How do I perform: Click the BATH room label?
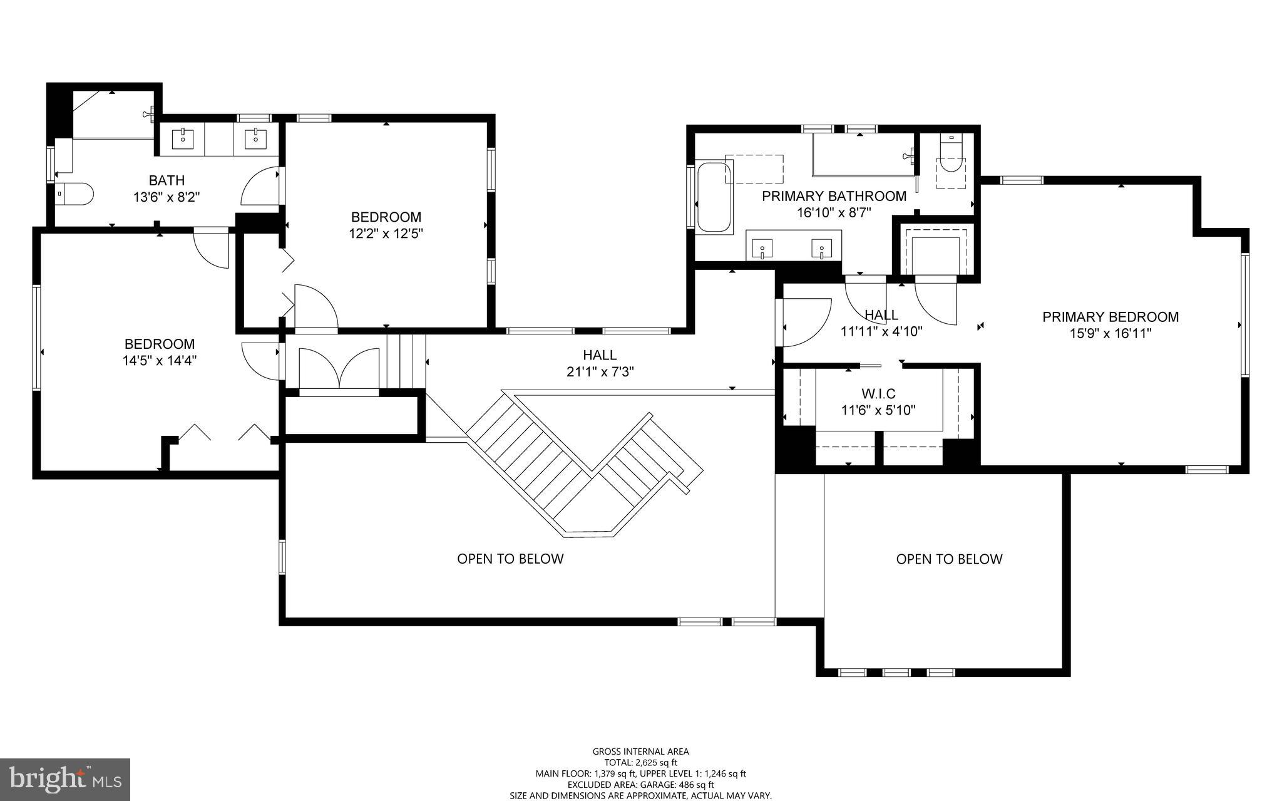[x=167, y=181]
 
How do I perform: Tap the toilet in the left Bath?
[x=76, y=194]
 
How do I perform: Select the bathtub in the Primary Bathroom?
[x=714, y=197]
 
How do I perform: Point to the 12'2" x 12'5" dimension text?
[x=386, y=234]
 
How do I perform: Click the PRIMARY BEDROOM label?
[x=1110, y=317]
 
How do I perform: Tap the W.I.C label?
[x=878, y=394]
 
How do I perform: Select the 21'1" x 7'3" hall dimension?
[x=600, y=371]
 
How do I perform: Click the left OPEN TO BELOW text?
[x=510, y=559]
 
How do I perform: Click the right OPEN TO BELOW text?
[x=949, y=559]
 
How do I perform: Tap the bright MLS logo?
[x=65, y=779]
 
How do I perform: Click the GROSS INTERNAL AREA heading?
[x=640, y=752]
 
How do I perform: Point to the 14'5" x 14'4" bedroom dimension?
[x=160, y=361]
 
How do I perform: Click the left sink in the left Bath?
[x=182, y=138]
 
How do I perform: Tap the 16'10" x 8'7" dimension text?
[x=833, y=212]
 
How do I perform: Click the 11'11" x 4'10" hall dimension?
[x=881, y=331]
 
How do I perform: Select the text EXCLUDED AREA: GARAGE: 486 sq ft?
[x=640, y=785]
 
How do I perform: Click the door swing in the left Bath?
[x=260, y=185]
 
